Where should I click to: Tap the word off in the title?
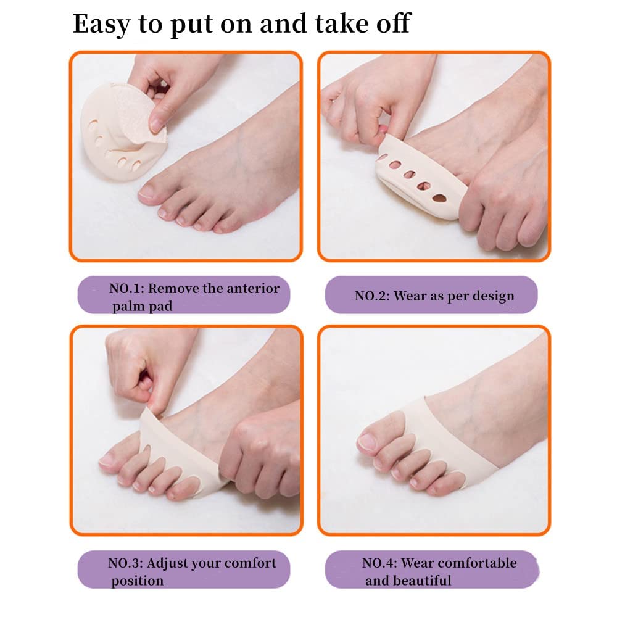tap(392, 23)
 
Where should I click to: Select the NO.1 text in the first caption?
tap(127, 288)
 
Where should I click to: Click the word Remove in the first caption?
tap(176, 288)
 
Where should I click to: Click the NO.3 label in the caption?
tap(126, 563)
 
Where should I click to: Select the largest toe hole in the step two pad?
tap(439, 199)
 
